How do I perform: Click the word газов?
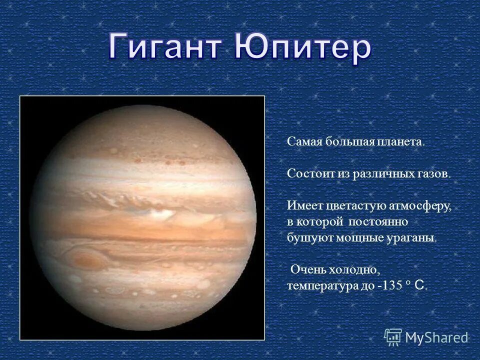click(434, 173)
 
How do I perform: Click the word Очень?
click(308, 270)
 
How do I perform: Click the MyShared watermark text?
click(436, 338)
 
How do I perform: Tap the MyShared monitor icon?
click(393, 337)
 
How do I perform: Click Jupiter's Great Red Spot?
click(86, 259)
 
